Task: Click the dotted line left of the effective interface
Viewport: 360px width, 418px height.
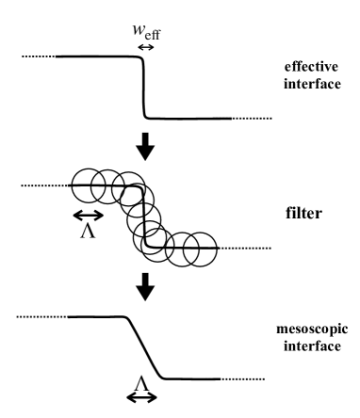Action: click(x=37, y=57)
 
